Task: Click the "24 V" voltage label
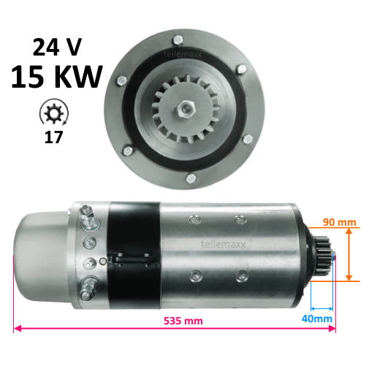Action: [x=57, y=47]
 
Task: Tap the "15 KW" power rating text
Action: [x=57, y=77]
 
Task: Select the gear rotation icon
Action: [x=54, y=113]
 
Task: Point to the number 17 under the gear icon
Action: [x=53, y=137]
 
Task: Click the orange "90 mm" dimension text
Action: [x=339, y=222]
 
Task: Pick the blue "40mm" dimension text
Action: [x=317, y=319]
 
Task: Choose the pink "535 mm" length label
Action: [x=183, y=321]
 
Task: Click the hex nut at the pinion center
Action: [x=185, y=109]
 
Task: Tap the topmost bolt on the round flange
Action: [x=178, y=40]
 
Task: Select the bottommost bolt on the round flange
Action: [x=191, y=178]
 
